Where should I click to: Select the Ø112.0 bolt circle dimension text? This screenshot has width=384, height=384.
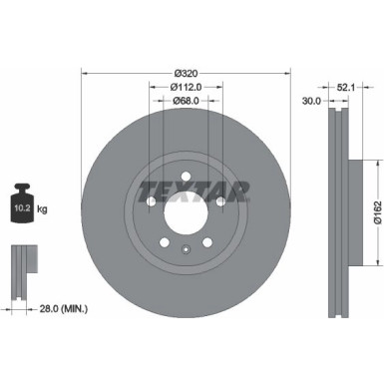185,86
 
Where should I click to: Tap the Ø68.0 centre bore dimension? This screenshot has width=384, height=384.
185,100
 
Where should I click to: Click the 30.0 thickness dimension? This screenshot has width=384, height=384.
311,100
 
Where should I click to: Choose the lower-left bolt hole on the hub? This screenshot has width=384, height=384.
162,246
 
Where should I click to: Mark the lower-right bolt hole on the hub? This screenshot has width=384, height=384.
207,246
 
